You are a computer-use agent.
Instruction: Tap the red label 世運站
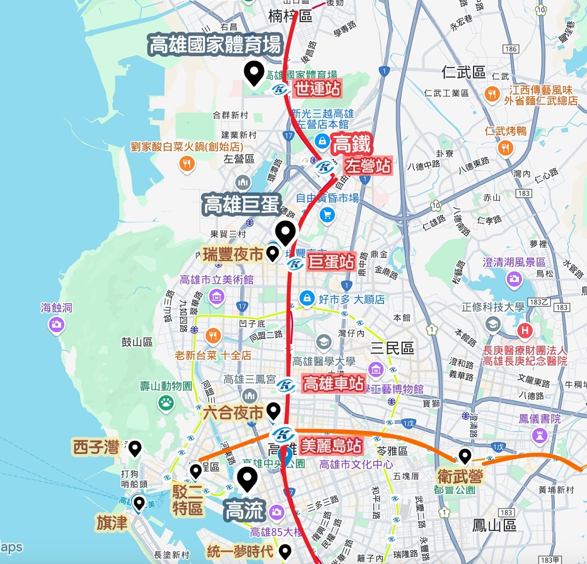317,89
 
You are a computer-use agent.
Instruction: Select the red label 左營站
368,166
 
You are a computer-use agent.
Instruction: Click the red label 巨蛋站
331,262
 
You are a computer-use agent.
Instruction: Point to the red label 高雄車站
334,383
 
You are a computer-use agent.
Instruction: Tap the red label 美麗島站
331,446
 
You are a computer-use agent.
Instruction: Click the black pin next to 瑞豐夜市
272,253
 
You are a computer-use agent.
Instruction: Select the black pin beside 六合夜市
273,410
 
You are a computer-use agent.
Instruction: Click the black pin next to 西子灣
135,448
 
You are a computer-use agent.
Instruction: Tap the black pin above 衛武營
465,455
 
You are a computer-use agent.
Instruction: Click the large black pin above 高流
247,478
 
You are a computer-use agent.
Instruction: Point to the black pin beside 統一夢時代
285,551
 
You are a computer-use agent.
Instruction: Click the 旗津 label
112,523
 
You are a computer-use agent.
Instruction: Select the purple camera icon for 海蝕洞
57,324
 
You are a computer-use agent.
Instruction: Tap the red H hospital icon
525,331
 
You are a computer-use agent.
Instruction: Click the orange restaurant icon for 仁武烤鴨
505,147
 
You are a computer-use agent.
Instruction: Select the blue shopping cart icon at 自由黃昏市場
327,214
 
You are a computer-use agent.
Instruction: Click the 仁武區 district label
463,73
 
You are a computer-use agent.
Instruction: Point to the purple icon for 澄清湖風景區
514,279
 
